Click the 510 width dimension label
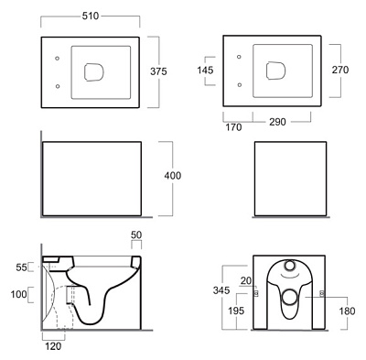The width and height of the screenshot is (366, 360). tap(91, 16)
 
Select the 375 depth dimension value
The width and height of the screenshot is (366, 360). tap(158, 71)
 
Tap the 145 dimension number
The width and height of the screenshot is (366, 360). tap(205, 71)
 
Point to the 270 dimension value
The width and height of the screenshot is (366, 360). tap(340, 70)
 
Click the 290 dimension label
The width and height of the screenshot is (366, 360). tap(277, 122)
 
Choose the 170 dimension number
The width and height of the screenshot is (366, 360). tap(233, 127)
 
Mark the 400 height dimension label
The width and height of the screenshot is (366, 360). tap(173, 176)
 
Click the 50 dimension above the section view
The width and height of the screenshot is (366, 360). tap(136, 235)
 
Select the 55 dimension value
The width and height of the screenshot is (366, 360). tap(21, 267)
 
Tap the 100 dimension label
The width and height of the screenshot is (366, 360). tap(19, 295)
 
